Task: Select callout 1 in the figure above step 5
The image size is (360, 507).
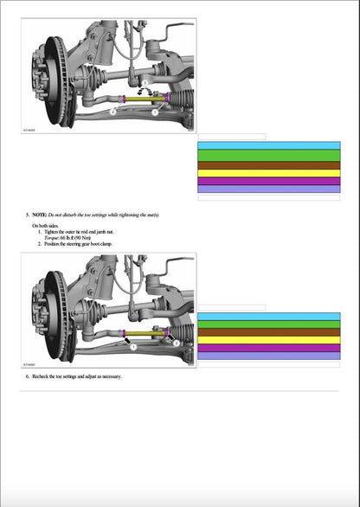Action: click(155, 111)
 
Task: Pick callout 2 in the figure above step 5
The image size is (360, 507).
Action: click(113, 111)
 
